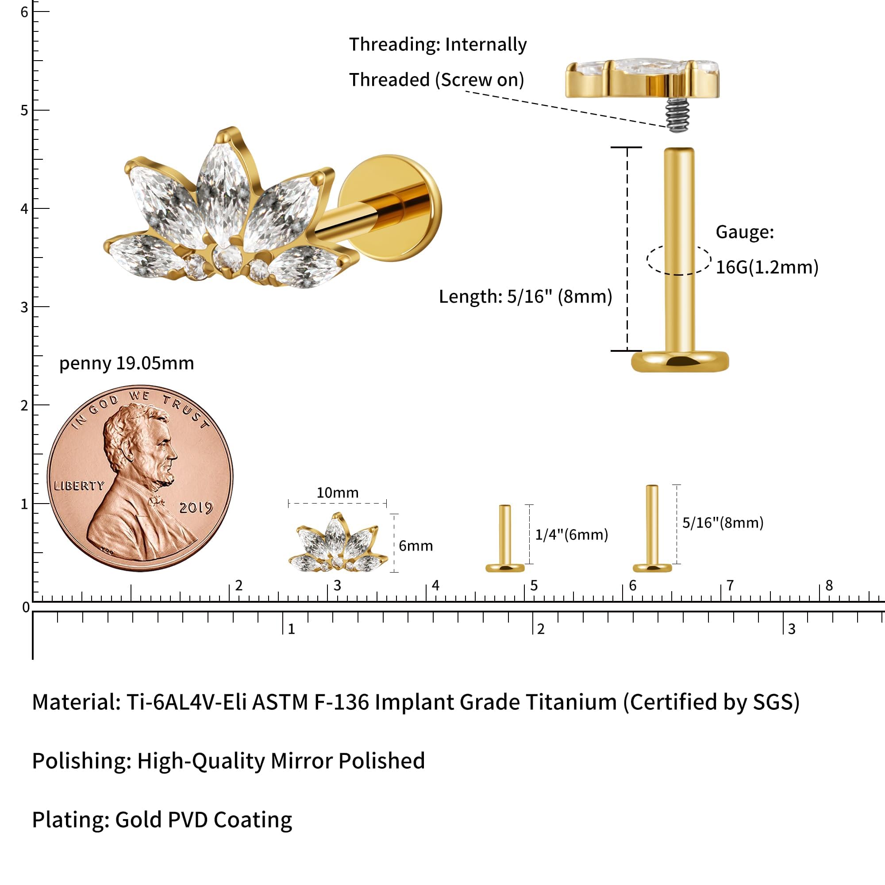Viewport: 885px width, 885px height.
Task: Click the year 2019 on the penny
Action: [x=196, y=508]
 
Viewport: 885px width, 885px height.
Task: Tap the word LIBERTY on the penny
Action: [x=79, y=486]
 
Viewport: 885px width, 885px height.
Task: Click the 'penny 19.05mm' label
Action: [x=127, y=363]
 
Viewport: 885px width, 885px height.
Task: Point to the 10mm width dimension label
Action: [x=338, y=493]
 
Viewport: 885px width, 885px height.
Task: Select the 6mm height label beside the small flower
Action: [x=416, y=546]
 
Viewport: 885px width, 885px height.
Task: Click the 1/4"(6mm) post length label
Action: [x=572, y=535]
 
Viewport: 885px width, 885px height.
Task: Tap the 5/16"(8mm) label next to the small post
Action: [x=723, y=523]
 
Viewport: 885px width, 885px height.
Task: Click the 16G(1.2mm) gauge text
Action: [x=767, y=268]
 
